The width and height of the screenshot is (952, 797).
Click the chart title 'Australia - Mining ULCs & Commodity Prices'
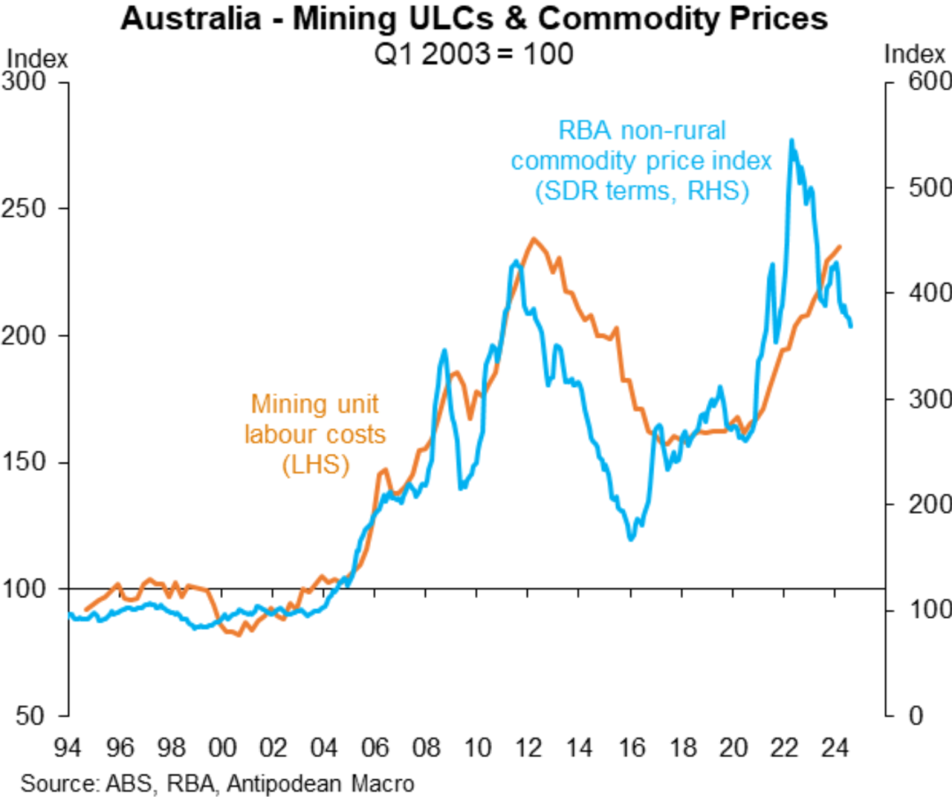coord(475,19)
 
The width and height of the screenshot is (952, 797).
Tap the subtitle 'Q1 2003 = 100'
coord(475,53)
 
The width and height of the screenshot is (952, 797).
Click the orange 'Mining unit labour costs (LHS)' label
coord(315,434)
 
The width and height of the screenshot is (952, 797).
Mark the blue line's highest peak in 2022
coord(792,139)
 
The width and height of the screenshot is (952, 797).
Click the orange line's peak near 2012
coord(533,238)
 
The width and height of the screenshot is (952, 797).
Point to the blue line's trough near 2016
coord(630,540)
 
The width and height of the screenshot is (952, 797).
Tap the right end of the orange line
coord(840,247)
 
